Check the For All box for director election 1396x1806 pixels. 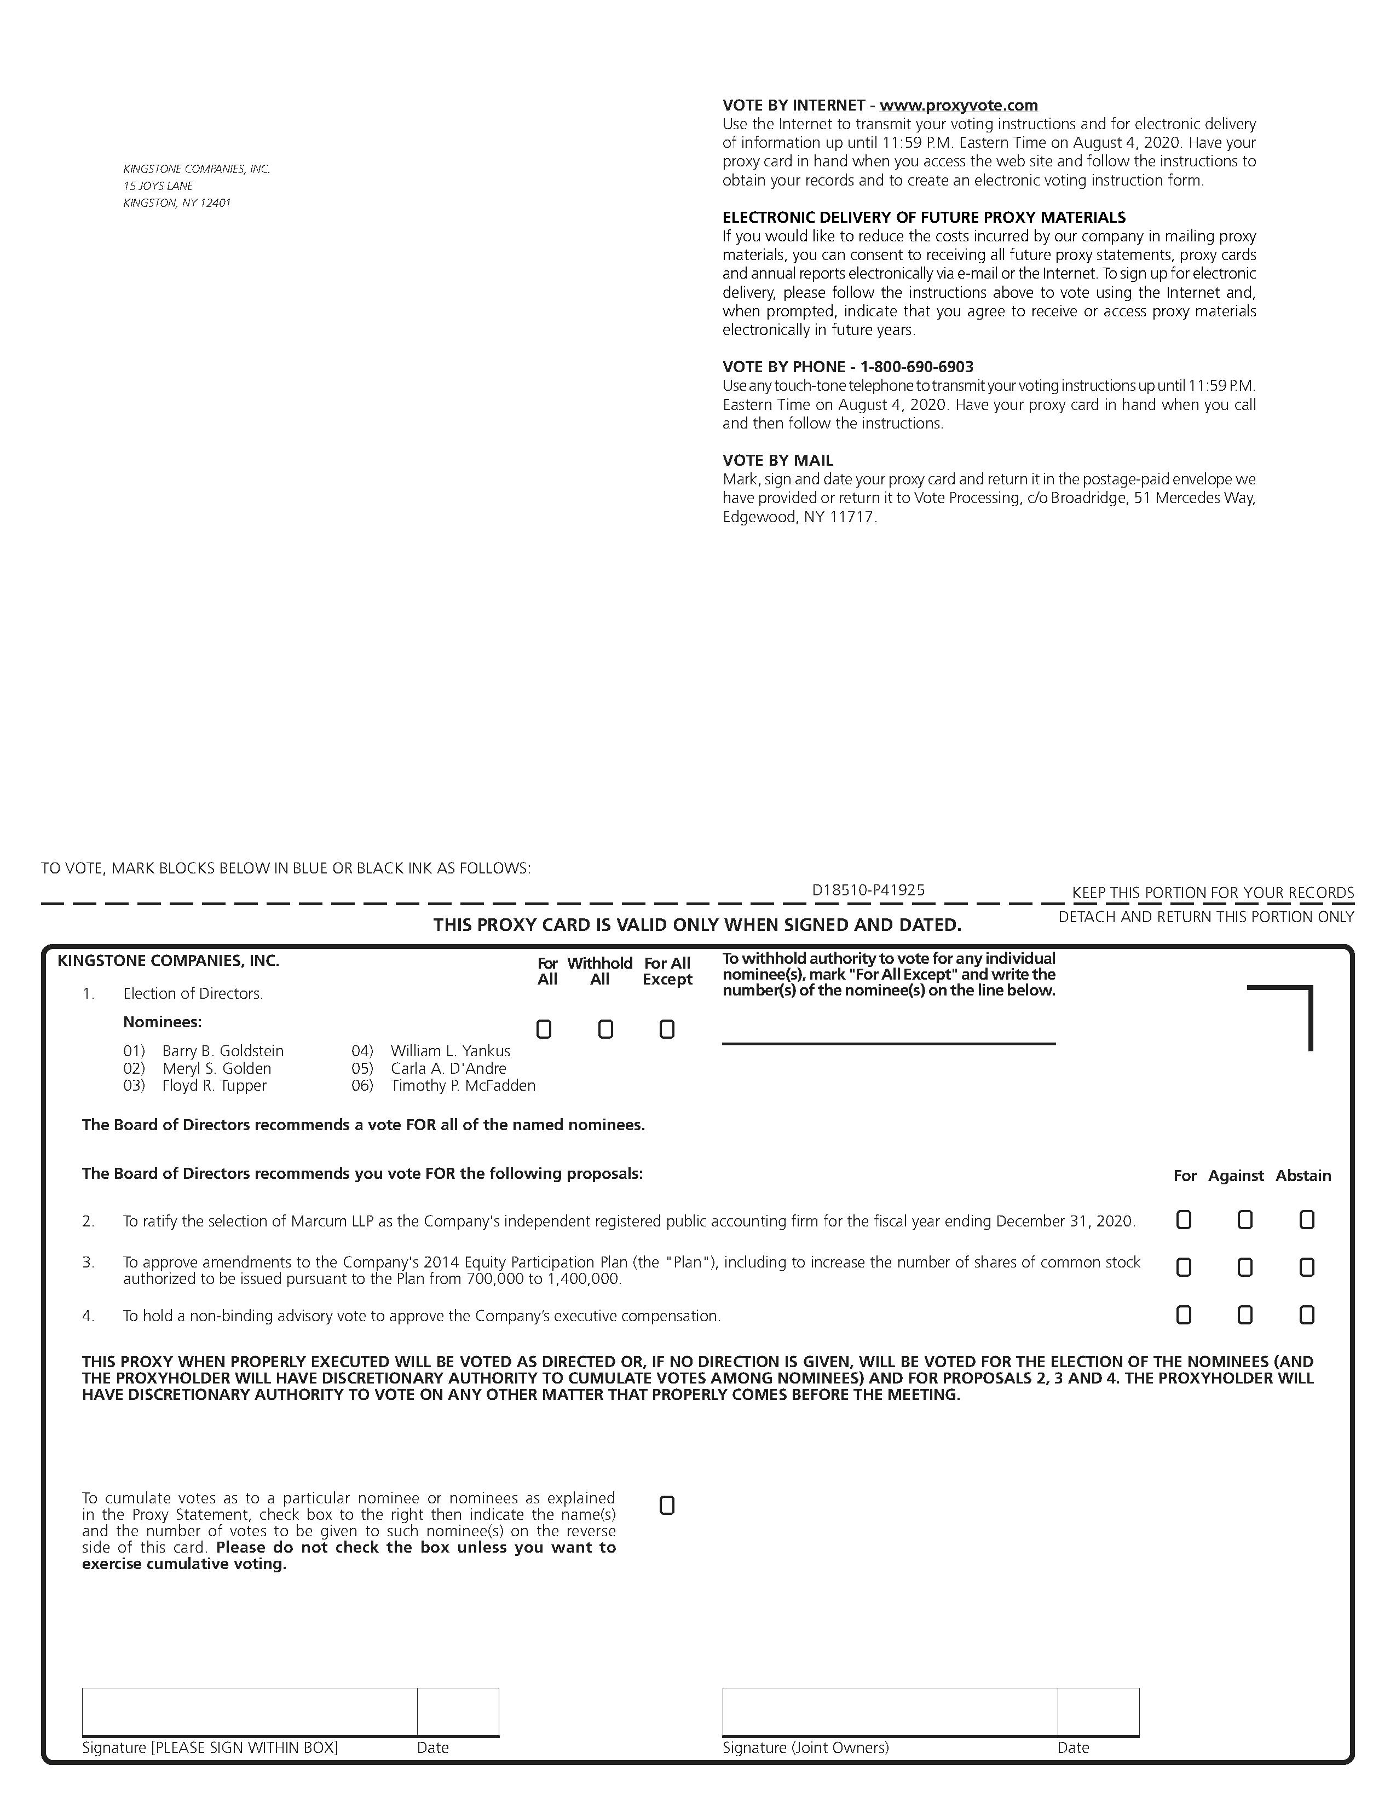point(544,1029)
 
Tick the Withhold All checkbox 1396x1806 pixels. point(605,1029)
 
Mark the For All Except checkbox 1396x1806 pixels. point(667,1029)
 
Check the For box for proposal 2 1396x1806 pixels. point(1184,1220)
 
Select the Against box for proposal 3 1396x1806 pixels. point(1245,1267)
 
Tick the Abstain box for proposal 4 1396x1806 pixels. point(1307,1315)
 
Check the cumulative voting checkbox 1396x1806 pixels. point(667,1506)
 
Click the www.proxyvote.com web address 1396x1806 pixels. point(959,106)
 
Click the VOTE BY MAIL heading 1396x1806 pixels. point(777,461)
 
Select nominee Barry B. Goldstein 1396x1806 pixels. point(222,1051)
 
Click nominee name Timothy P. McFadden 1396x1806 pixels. point(462,1086)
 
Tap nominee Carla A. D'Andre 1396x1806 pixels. point(448,1068)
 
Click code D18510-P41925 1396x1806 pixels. point(868,890)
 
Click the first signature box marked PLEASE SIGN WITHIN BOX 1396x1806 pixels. point(249,1712)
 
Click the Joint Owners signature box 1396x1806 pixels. point(889,1712)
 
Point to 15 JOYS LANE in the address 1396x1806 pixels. point(158,186)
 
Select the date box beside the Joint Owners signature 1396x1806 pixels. point(1098,1712)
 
